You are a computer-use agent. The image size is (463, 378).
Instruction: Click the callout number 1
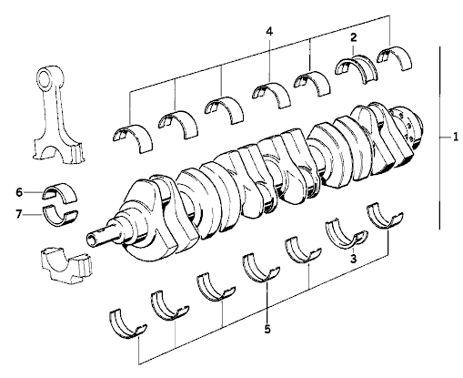[x=456, y=138]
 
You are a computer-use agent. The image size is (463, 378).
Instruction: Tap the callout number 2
[x=354, y=37]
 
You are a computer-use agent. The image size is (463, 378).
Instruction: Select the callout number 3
[x=353, y=259]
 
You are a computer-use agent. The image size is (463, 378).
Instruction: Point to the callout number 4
[x=269, y=31]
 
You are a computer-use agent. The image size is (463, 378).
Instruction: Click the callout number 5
[x=267, y=329]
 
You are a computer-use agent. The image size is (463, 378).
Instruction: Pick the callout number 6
[x=19, y=192]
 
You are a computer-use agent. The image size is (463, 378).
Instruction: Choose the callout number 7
[x=19, y=215]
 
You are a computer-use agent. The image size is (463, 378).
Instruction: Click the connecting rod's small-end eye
[x=45, y=77]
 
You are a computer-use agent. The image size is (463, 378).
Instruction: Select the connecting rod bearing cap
[x=66, y=265]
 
